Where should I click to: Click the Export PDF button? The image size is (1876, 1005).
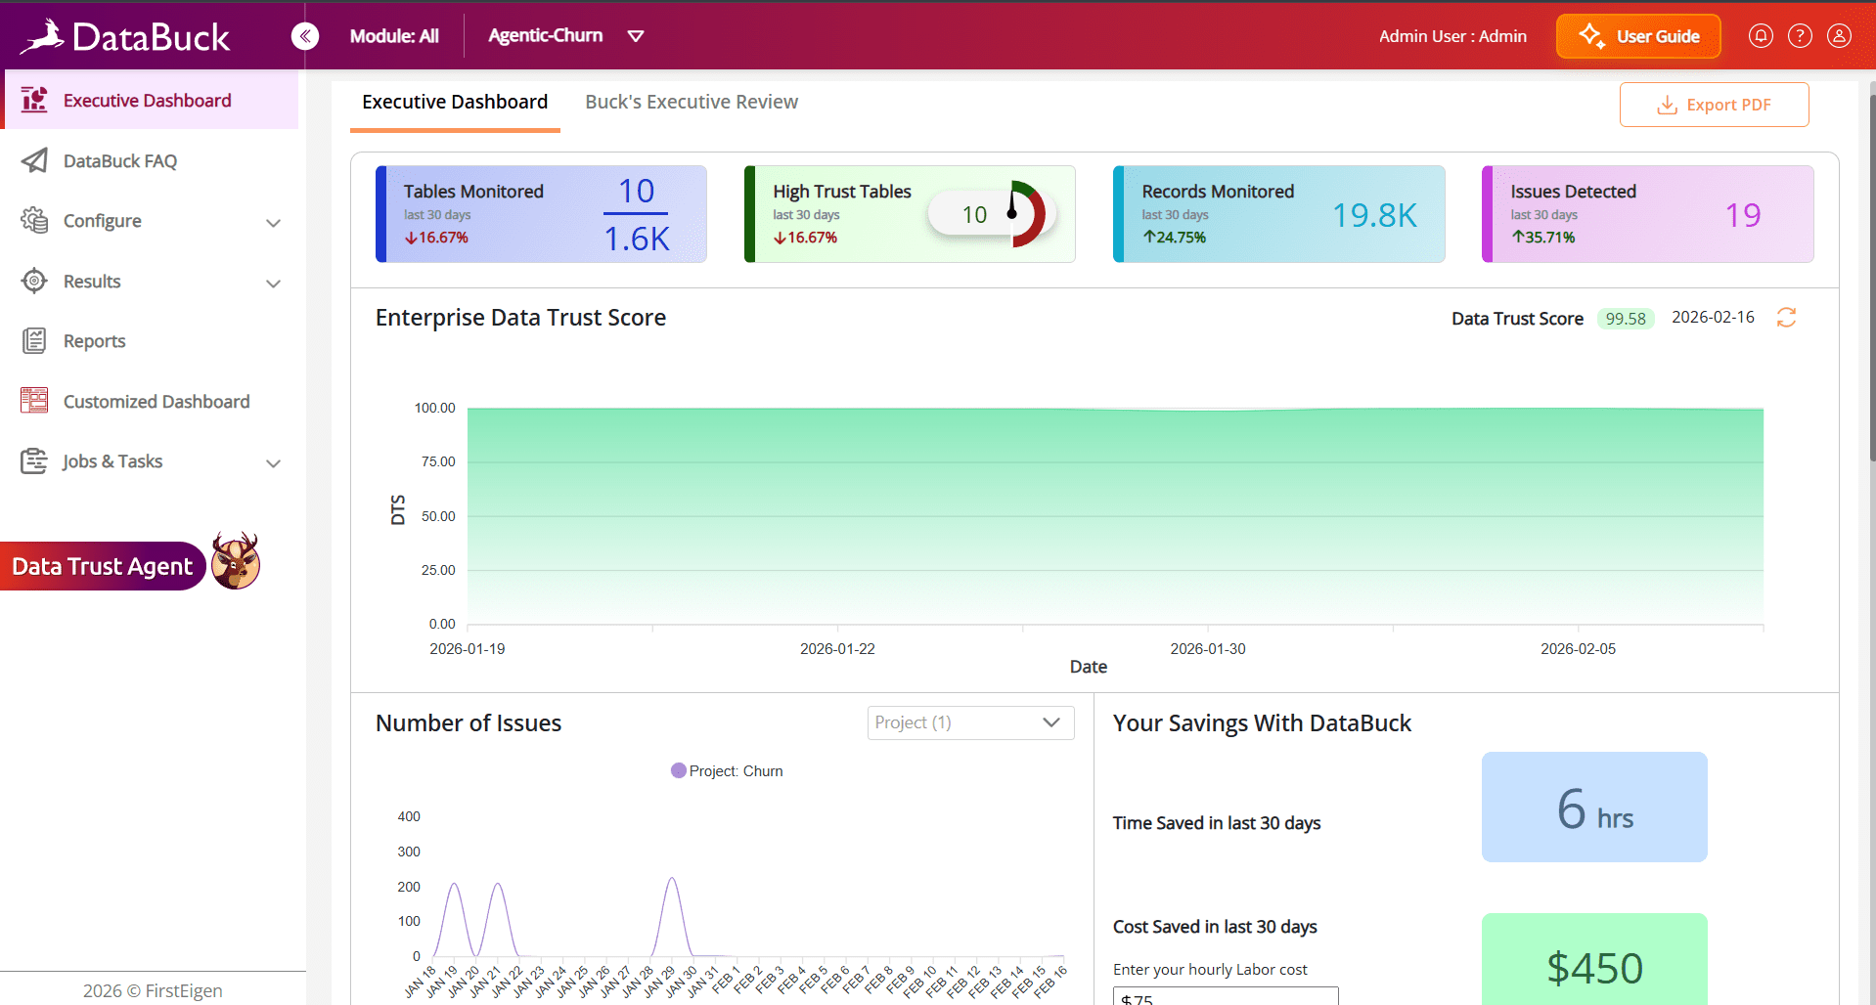tap(1714, 105)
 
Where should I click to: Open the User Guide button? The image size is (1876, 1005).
tap(1638, 36)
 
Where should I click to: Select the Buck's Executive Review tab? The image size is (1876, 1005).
tap(692, 102)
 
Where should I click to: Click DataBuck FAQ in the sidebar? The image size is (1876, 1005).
tap(120, 161)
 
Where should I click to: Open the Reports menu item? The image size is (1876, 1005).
tap(94, 341)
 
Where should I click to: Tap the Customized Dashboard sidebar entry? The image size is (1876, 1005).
tap(156, 402)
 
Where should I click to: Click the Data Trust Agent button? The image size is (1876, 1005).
tap(103, 566)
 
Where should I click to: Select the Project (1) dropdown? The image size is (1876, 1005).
tap(970, 722)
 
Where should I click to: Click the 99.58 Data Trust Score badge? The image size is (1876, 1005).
tap(1626, 319)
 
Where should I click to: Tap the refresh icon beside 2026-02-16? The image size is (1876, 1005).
tap(1786, 318)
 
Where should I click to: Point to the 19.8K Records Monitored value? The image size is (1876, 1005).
tap(1374, 215)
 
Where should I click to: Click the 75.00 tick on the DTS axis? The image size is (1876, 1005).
tap(438, 461)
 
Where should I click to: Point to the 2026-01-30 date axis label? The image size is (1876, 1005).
tap(1208, 649)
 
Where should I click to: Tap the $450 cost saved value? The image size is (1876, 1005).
tap(1594, 968)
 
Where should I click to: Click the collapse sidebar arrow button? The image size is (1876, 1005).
tap(305, 36)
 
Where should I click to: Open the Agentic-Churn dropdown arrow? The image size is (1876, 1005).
tap(636, 36)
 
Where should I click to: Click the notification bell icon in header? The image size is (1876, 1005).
tap(1761, 36)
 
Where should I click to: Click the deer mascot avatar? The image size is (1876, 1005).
tap(236, 561)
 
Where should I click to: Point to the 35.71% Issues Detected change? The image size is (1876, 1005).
tap(1543, 238)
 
